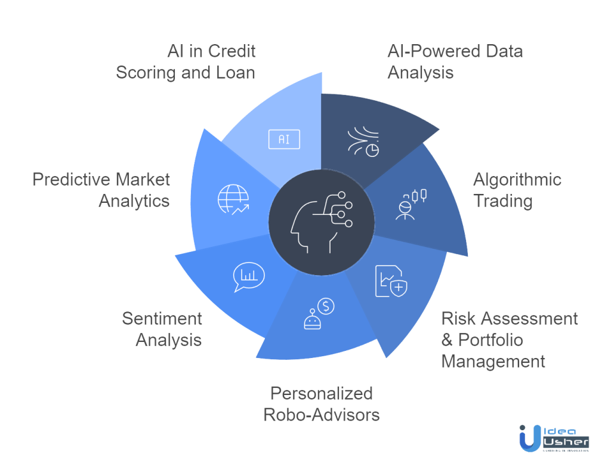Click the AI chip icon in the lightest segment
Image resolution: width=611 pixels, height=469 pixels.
(284, 139)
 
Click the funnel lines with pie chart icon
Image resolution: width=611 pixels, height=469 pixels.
(363, 142)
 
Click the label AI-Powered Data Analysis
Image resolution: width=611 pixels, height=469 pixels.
(455, 61)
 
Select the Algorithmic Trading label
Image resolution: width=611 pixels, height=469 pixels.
(517, 190)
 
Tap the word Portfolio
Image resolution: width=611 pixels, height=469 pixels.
(490, 340)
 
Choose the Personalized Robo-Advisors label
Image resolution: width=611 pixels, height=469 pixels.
(321, 403)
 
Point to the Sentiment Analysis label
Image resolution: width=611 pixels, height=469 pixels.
(162, 329)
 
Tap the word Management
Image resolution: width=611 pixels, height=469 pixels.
(493, 361)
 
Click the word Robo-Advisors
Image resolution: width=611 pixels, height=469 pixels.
(321, 414)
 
